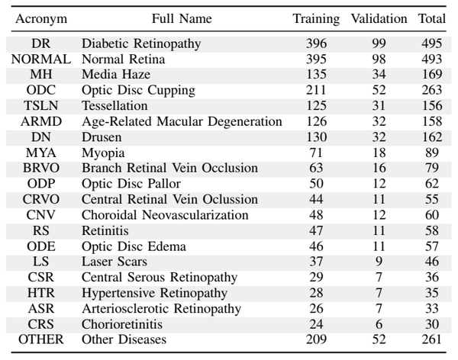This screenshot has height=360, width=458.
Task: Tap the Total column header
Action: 432,18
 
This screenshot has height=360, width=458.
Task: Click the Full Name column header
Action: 182,18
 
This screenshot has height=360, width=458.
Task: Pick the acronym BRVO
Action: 41,168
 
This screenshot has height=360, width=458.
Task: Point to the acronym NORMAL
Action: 41,59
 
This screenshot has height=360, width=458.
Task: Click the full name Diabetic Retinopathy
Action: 141,43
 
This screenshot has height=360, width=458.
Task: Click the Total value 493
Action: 432,59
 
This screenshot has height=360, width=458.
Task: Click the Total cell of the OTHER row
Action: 432,339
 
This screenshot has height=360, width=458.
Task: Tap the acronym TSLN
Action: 41,106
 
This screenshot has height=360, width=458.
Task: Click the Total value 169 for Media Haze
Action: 432,75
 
